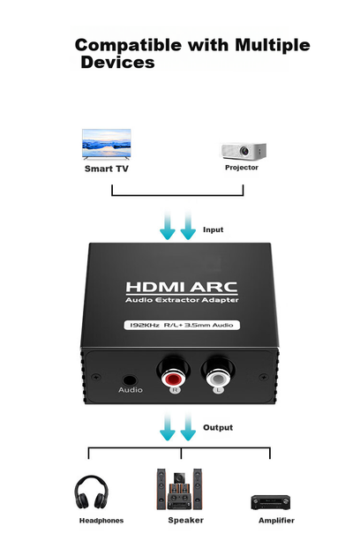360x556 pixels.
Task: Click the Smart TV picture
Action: pos(107,144)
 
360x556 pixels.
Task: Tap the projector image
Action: pos(243,151)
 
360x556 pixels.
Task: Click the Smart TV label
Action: pos(107,169)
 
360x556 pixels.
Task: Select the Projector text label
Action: pos(242,168)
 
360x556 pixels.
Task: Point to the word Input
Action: pos(214,229)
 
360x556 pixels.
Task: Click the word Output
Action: pos(218,427)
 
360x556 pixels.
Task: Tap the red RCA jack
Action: pos(173,379)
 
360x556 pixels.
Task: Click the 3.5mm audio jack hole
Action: pos(130,381)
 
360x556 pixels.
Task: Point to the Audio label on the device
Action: pos(131,390)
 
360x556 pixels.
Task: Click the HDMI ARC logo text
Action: pos(182,287)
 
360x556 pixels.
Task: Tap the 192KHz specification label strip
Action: pos(182,325)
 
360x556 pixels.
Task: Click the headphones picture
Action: pos(91,492)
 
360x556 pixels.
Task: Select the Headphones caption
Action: pos(101,521)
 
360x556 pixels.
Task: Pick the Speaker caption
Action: pos(186,520)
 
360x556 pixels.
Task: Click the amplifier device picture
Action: pos(270,502)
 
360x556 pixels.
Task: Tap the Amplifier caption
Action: pos(276,521)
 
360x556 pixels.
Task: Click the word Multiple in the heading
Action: pos(273,46)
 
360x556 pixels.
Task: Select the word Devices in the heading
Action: pos(117,63)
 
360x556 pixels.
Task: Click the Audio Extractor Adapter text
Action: pos(182,300)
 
